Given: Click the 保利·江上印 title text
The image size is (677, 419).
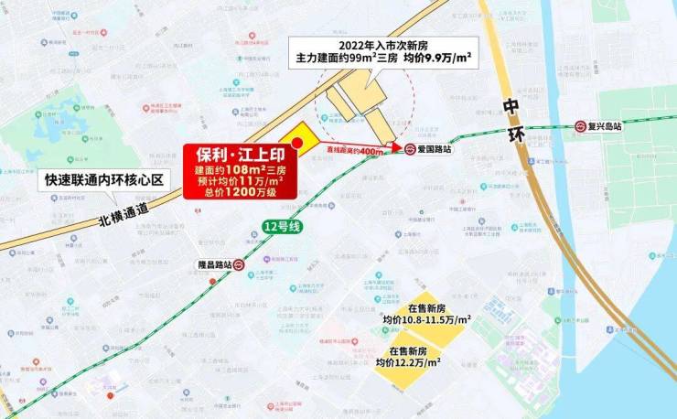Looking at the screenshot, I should [x=232, y=155].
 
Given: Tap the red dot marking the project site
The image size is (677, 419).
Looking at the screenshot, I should [x=296, y=143].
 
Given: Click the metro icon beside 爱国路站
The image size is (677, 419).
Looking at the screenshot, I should [x=412, y=148].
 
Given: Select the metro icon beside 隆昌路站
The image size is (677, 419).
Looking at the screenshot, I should [x=238, y=264].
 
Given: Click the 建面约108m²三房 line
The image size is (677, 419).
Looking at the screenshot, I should [x=232, y=169].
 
